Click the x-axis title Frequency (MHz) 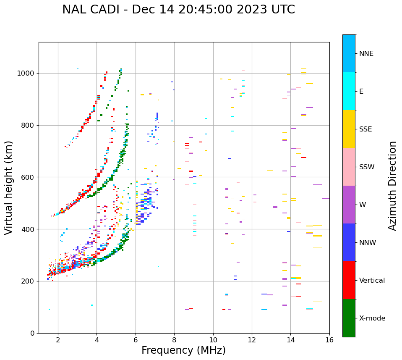(183, 350)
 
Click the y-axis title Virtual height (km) (9, 187)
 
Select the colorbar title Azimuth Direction (392, 185)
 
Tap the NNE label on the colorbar (366, 54)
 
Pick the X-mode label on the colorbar (372, 318)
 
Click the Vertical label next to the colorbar (372, 281)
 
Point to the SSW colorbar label (367, 167)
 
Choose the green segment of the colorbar (349, 318)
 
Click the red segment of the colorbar (349, 280)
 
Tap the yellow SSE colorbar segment (349, 129)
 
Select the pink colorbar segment (349, 167)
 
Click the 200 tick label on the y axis (29, 281)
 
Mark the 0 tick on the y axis (33, 334)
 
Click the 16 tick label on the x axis (329, 340)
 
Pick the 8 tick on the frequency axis (174, 340)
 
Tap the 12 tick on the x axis (252, 340)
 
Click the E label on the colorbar (361, 92)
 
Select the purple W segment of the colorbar (349, 205)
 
